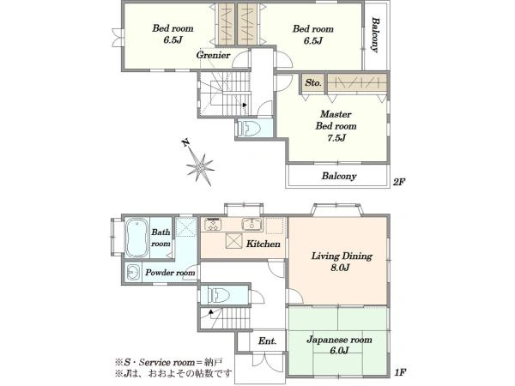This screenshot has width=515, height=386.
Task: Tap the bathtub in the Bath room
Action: pos(137,237)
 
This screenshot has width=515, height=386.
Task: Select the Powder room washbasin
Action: pos(133,272)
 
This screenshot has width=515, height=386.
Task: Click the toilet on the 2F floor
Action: pos(249,128)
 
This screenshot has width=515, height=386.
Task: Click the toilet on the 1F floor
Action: pos(219,295)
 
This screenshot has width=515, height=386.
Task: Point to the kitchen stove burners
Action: pos(214,225)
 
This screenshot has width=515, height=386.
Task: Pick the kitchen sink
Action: pos(252,225)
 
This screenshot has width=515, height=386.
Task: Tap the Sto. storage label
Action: pos(312,82)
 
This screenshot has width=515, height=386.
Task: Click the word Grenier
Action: pos(213,55)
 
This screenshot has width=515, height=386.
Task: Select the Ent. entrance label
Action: pos(267,341)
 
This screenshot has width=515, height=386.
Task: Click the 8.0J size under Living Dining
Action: pos(340,268)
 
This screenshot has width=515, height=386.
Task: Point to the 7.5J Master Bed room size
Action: pos(336,138)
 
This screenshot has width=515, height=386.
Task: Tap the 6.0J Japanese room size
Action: pos(339,351)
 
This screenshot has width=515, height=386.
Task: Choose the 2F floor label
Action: pos(399,182)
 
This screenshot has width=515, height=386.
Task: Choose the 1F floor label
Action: pos(400,372)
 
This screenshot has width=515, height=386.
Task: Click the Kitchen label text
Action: pos(264,244)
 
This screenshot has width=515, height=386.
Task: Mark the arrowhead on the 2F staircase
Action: pos(245,105)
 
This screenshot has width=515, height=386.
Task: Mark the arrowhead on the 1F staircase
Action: pos(210,311)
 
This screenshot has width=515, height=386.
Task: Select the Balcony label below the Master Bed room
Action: pos(339,176)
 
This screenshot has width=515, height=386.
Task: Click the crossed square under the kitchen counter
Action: pos(233,241)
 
